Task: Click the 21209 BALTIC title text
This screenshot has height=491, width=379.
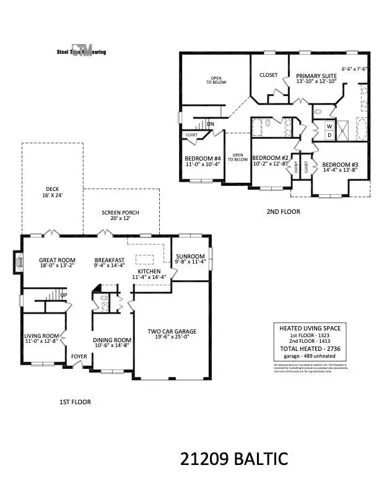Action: click(x=234, y=459)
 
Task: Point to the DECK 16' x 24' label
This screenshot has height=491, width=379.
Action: click(x=52, y=193)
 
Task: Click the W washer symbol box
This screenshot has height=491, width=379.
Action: click(x=329, y=126)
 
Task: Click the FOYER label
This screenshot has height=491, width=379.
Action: click(x=79, y=356)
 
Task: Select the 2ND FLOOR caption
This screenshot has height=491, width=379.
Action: click(x=283, y=211)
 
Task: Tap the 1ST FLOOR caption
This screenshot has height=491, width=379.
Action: click(x=75, y=402)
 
